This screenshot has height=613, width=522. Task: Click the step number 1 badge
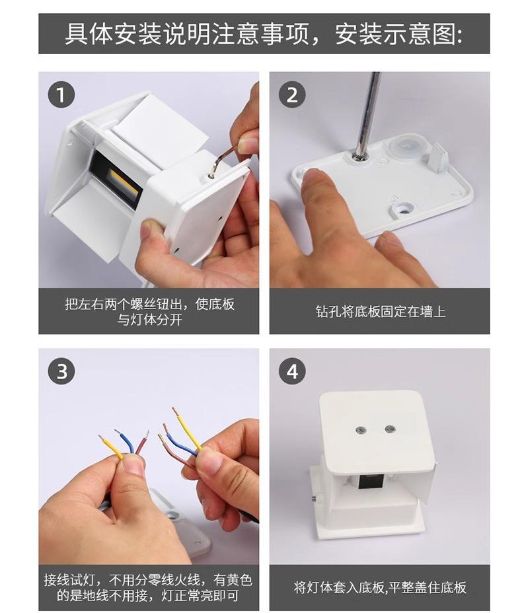click(61, 95)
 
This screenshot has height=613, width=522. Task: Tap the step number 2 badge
click(292, 95)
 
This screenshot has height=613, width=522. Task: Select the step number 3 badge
click(61, 371)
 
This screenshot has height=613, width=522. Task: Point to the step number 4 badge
click(292, 371)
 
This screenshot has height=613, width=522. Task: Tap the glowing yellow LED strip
click(124, 184)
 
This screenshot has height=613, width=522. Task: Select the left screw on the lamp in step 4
click(361, 431)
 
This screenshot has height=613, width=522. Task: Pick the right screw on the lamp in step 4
click(389, 429)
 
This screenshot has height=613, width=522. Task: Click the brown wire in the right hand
click(175, 451)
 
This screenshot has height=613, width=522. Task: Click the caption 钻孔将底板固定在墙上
click(381, 312)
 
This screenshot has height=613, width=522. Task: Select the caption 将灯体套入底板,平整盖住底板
click(380, 587)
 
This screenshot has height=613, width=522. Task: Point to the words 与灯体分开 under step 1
click(150, 320)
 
